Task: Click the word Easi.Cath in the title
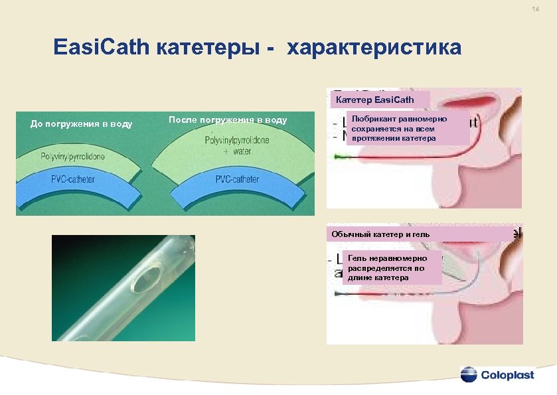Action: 103,48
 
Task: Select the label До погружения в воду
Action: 82,124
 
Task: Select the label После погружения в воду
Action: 228,120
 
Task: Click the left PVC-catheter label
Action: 72,179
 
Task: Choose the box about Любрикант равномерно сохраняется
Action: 408,128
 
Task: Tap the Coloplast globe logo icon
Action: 469,375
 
